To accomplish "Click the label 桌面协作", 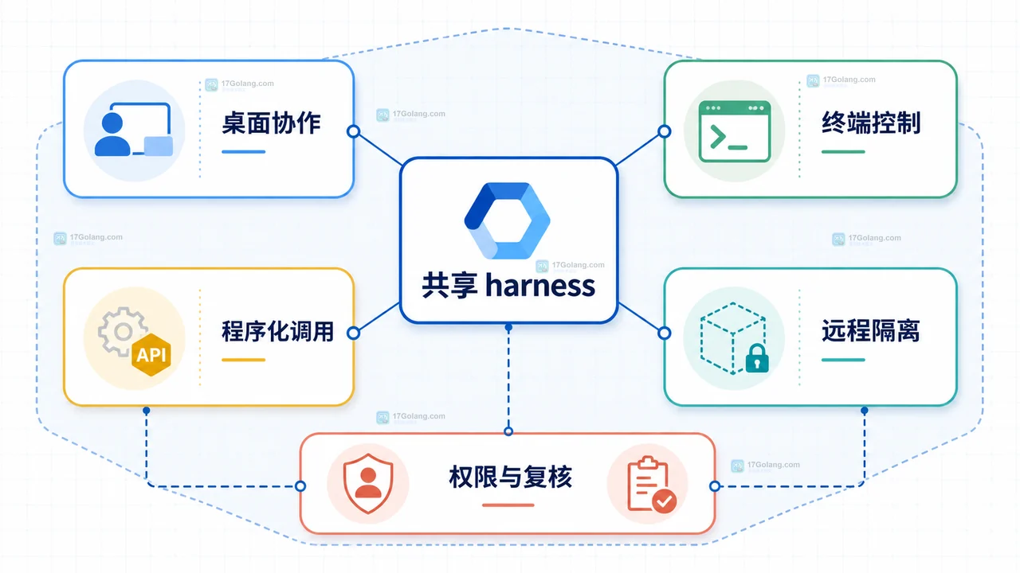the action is (272, 123).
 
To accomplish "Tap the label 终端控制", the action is (871, 123).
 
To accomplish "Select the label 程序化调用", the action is (278, 331).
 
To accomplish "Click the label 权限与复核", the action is (511, 477).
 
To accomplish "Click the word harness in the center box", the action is (540, 286).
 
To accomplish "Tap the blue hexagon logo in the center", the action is (508, 220).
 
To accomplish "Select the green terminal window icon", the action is (735, 131).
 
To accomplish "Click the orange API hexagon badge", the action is (151, 355).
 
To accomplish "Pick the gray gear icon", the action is (121, 331).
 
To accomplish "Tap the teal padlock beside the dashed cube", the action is (757, 358).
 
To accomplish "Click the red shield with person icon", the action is (368, 483).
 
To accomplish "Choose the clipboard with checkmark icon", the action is (651, 485).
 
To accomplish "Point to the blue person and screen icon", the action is (133, 130).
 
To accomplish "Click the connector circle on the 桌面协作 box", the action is (353, 131).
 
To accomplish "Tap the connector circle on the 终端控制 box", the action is (665, 131).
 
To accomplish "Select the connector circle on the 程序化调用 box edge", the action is (353, 333).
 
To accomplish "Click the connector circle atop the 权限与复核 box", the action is (508, 431).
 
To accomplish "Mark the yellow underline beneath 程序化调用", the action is (244, 360).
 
